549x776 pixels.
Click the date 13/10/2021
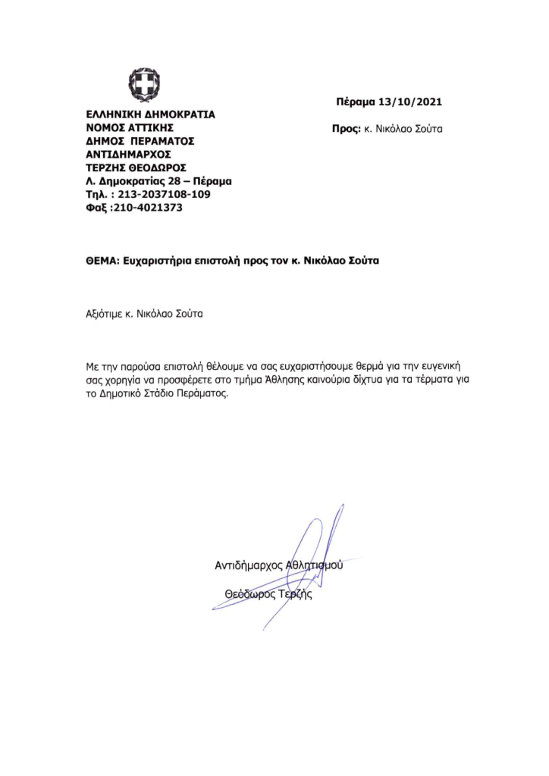pos(414,102)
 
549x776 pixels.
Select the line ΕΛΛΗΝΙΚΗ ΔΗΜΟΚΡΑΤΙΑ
pos(150,114)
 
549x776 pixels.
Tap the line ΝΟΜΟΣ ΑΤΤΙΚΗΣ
pos(130,128)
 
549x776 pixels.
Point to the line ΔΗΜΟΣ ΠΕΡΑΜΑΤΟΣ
pos(140,141)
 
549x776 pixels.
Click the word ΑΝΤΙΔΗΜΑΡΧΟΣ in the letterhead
pos(130,155)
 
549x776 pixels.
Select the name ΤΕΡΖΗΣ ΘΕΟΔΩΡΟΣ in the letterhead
pos(136,167)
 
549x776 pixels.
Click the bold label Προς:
pos(345,129)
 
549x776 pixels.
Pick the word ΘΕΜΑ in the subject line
pos(102,261)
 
